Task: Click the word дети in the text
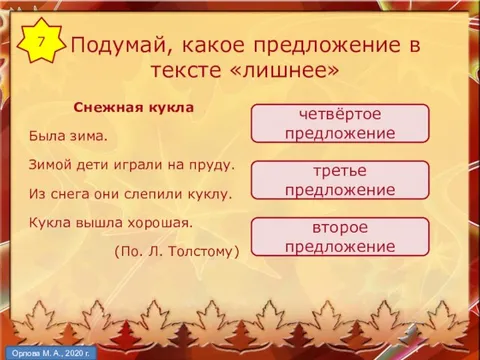(x=93, y=163)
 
